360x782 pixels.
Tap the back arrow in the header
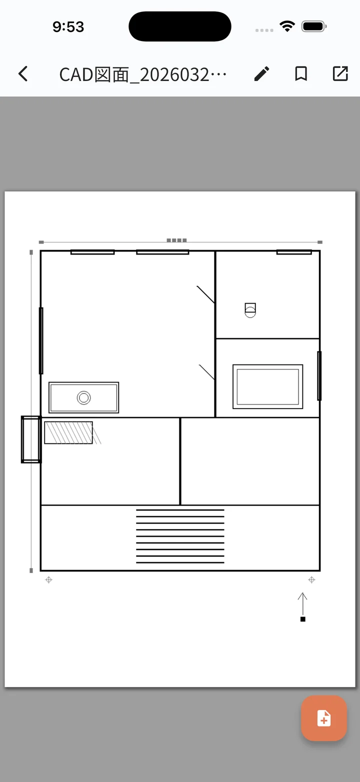23,73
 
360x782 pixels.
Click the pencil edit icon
261,73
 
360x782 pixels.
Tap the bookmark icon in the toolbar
301,73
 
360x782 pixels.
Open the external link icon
340,73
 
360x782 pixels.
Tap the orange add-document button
324,718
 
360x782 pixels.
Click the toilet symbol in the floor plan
250,310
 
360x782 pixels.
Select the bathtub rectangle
268,386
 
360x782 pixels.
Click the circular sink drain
84,397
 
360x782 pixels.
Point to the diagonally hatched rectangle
68,433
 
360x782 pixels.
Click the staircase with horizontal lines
180,536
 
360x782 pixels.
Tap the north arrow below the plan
302,604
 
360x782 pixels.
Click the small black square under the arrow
302,619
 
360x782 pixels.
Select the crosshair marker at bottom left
49,580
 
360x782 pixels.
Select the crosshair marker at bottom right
312,579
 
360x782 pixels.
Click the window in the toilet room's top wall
294,252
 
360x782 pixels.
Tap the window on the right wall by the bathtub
319,375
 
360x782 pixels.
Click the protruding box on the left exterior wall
31,439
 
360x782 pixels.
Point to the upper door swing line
205,294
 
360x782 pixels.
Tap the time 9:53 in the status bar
68,27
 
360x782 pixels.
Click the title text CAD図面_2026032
134,74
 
